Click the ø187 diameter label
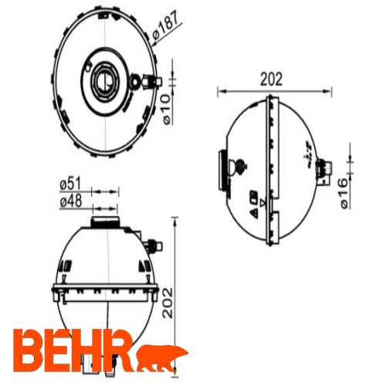tap(166, 26)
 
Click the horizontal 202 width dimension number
tap(272, 79)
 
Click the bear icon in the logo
tap(163, 356)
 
